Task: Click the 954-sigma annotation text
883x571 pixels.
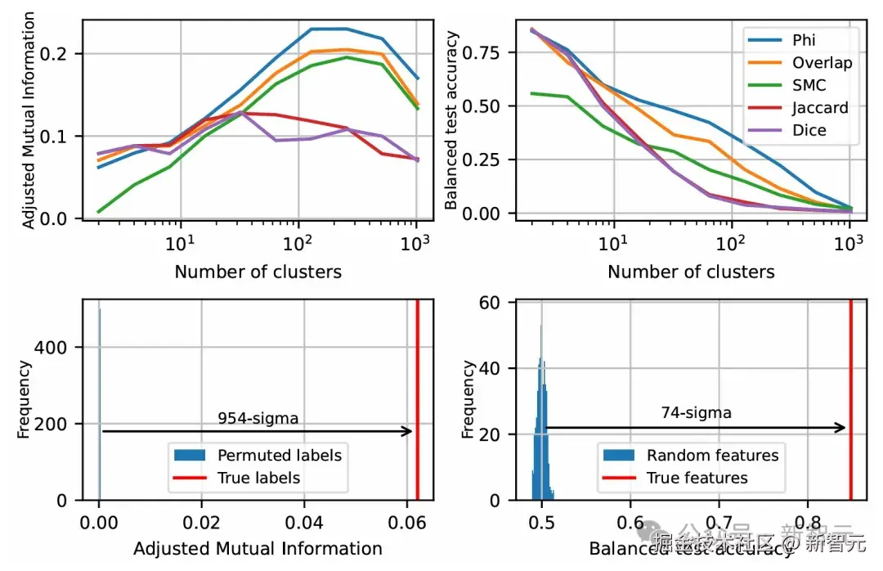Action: point(258,419)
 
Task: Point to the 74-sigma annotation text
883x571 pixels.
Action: point(696,413)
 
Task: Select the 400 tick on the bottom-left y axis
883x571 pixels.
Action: point(59,348)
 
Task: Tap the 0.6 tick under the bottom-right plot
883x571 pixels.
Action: point(630,520)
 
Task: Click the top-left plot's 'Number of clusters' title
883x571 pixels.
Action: point(258,272)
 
